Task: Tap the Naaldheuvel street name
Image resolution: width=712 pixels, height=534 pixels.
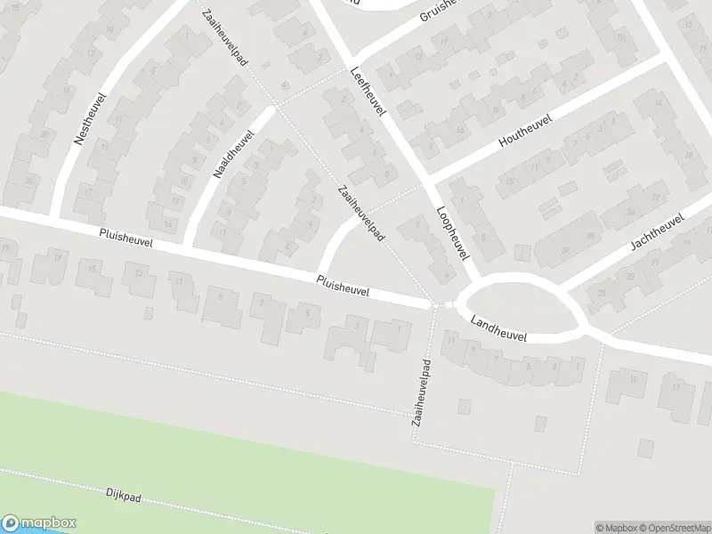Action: pyautogui.click(x=234, y=157)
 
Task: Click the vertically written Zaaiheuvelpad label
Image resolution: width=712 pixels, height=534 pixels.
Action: pyautogui.click(x=421, y=392)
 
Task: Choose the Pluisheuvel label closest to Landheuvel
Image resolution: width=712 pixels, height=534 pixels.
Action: pyautogui.click(x=343, y=286)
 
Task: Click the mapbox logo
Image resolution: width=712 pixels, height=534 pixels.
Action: pyautogui.click(x=39, y=523)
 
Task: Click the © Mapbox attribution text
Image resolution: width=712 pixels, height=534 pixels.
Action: pyautogui.click(x=619, y=527)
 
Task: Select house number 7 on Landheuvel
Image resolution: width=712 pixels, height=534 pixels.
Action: pyautogui.click(x=497, y=360)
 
